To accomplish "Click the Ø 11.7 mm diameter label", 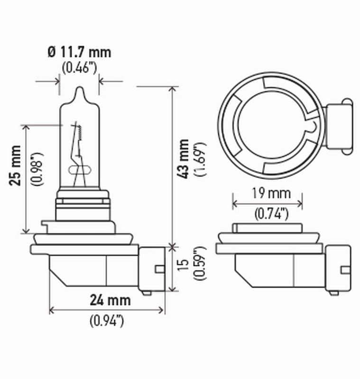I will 79,51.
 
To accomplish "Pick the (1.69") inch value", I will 199,159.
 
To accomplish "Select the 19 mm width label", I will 268,193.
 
